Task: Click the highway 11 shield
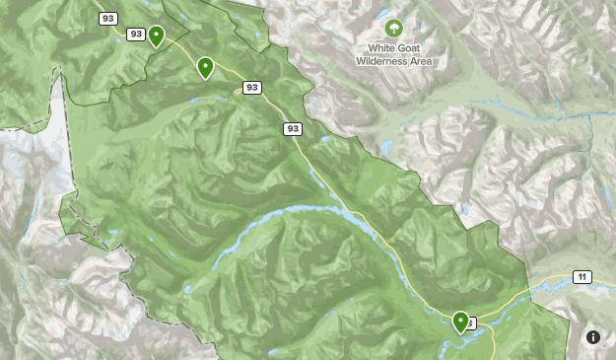pos(582,277)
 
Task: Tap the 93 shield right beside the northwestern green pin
pos(136,35)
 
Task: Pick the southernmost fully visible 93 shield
pos(293,128)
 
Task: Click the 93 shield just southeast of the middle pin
pos(252,88)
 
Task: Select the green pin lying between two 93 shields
pos(205,68)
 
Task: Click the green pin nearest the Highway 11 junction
pos(460,321)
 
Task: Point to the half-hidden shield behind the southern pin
pos(472,323)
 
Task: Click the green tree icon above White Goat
pos(394,28)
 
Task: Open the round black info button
pos(593,336)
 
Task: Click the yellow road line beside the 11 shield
pos(552,284)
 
